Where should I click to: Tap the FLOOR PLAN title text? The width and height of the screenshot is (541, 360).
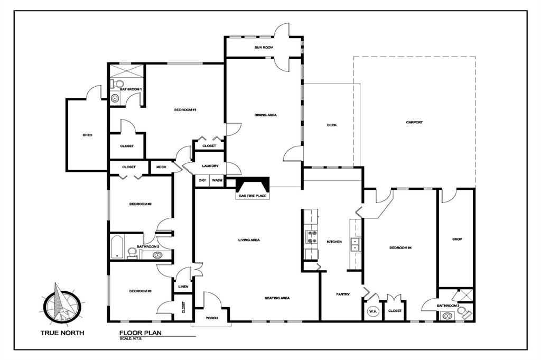pos(140,333)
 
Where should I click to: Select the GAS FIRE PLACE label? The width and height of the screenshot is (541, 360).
pos(253,196)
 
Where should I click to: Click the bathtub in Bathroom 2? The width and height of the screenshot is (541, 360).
pos(117,247)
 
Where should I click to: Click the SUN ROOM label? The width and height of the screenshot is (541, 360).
pos(263,48)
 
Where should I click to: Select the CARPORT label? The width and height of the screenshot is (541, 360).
pos(414,122)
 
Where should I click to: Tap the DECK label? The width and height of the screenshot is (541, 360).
pos(331,125)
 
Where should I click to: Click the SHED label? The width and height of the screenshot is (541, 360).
pos(87,135)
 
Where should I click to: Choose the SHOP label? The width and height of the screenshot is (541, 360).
pos(457,239)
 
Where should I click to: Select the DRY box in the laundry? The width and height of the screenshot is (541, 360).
pos(202,180)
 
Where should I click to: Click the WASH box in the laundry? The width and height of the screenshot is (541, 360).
pos(217,180)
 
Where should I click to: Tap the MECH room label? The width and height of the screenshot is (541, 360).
pos(161,167)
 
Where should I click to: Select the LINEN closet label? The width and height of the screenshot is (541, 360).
pos(183,287)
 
